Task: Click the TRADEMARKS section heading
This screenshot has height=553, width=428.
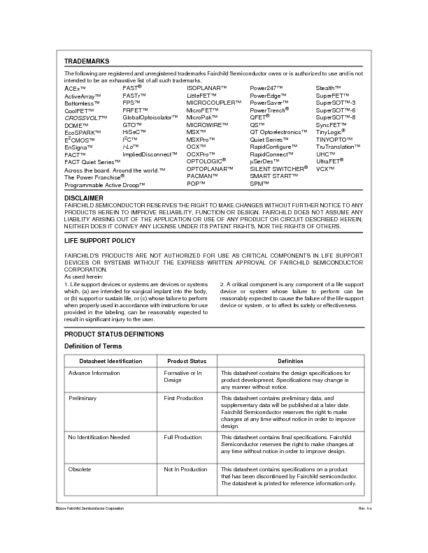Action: pyautogui.click(x=87, y=61)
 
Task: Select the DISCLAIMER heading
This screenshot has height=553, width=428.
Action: pyautogui.click(x=84, y=198)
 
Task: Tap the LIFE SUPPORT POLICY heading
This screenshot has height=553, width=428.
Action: pyautogui.click(x=100, y=241)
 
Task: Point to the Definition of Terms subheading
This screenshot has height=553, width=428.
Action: pyautogui.click(x=93, y=346)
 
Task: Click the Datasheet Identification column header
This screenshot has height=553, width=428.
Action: pyautogui.click(x=110, y=361)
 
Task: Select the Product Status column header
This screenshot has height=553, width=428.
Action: pyautogui.click(x=187, y=361)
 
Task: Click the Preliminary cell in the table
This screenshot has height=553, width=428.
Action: pyautogui.click(x=83, y=397)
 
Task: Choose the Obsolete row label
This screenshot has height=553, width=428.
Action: pyautogui.click(x=80, y=469)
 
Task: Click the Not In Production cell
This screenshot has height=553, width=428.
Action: pyautogui.click(x=185, y=469)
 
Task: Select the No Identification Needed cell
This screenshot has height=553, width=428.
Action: pyautogui.click(x=99, y=437)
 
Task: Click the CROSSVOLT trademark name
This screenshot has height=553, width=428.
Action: pyautogui.click(x=83, y=117)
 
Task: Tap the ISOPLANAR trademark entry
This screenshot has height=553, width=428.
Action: pyautogui.click(x=207, y=88)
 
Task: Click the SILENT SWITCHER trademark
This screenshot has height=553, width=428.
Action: pyautogui.click(x=278, y=169)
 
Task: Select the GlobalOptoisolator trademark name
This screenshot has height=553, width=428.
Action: pyautogui.click(x=151, y=117)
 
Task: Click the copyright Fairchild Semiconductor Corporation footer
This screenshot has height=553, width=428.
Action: pyautogui.click(x=90, y=508)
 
